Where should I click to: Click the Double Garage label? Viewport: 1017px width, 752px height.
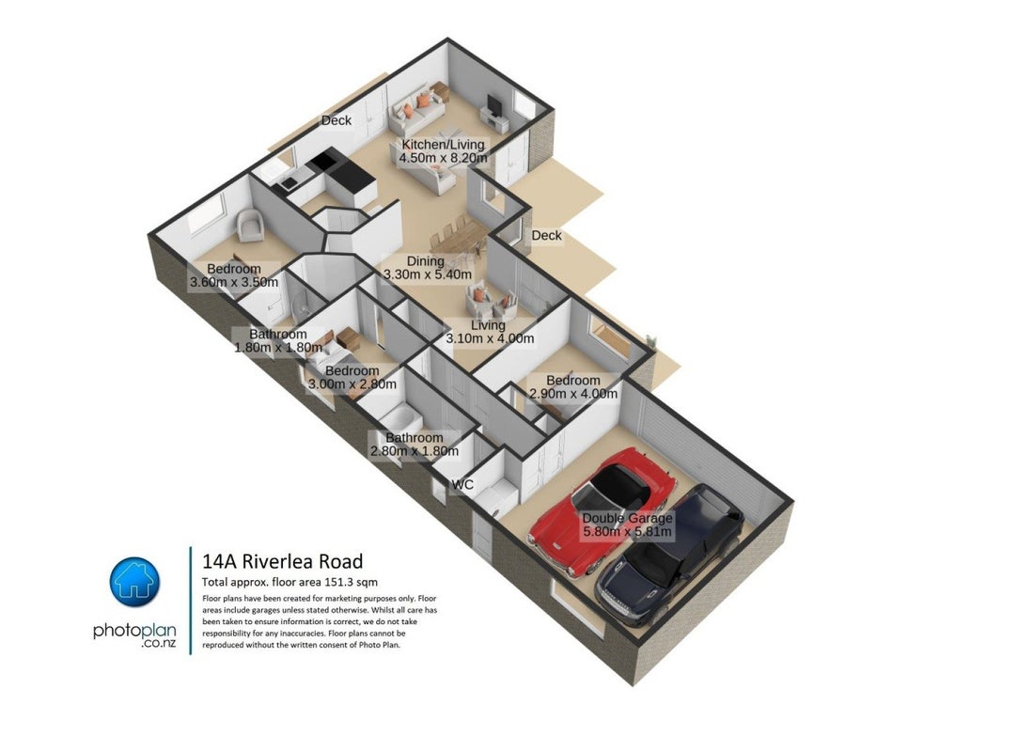627,519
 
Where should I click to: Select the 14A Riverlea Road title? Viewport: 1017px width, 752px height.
282,561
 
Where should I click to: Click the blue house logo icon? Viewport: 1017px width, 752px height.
134,582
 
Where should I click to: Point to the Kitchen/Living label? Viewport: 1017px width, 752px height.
443,144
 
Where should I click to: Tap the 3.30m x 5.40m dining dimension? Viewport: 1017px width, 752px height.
428,274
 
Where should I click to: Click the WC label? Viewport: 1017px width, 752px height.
462,485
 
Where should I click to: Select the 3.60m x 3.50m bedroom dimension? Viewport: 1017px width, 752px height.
233,282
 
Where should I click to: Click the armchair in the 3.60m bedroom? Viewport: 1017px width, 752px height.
250,226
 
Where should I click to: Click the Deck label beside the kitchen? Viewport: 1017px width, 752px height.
336,120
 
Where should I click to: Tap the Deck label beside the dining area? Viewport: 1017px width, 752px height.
547,236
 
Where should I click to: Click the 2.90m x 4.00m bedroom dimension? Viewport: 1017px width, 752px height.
573,394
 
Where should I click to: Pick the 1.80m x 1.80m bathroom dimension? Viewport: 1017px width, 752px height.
277,347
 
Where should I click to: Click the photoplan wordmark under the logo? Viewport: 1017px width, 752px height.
134,630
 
